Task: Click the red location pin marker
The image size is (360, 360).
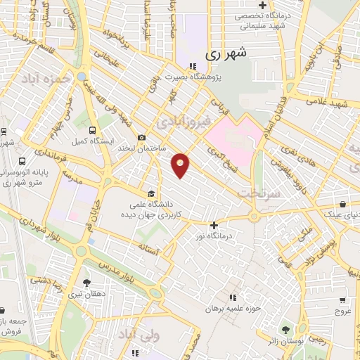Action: click(x=181, y=165)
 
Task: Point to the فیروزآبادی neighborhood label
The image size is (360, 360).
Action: click(x=183, y=122)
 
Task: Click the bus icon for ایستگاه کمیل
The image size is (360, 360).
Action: click(x=92, y=129)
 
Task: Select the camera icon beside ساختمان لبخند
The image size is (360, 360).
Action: click(x=142, y=137)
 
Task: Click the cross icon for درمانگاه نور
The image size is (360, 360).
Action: click(x=214, y=226)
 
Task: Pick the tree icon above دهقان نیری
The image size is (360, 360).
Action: click(x=86, y=283)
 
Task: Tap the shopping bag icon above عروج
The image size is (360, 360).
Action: click(x=342, y=298)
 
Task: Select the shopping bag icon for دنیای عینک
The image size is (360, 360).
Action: click(x=342, y=203)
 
